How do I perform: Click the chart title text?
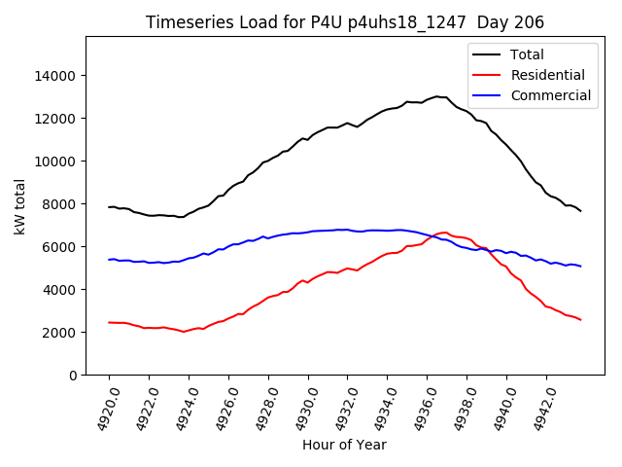[345, 21]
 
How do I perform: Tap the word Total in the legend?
[528, 54]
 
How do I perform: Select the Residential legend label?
[548, 75]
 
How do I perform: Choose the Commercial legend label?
[550, 95]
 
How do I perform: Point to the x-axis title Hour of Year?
[344, 445]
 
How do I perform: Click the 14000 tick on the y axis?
[54, 76]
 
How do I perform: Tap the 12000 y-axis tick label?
[54, 119]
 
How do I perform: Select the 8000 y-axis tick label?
[58, 204]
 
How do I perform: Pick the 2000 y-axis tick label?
[58, 333]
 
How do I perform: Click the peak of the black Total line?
[436, 96]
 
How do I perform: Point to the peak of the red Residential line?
[445, 233]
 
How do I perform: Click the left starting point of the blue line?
[109, 260]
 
